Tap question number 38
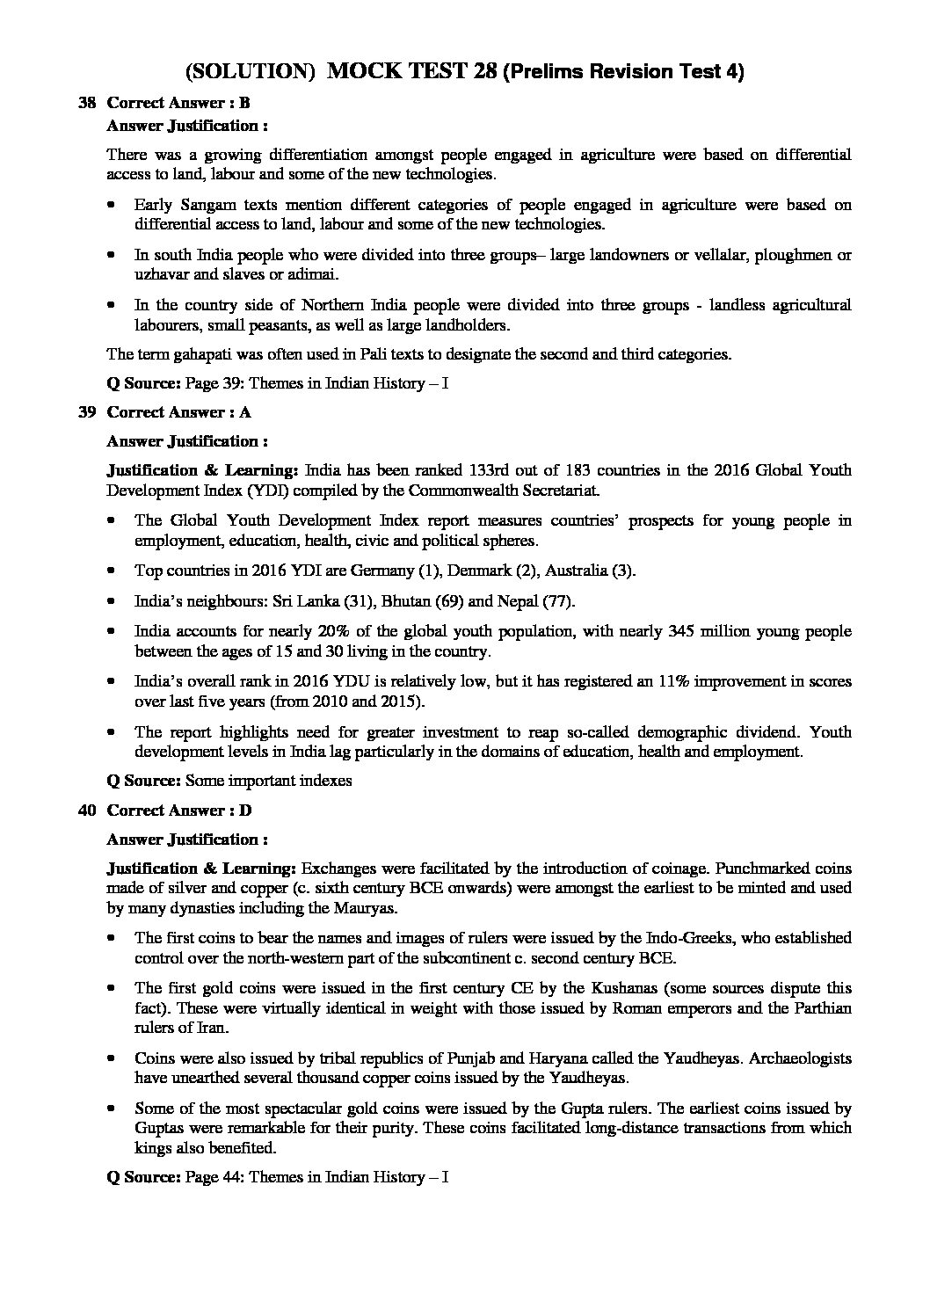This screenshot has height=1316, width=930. [x=87, y=103]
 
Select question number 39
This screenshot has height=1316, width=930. [x=87, y=412]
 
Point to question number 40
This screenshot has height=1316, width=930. [x=87, y=811]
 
